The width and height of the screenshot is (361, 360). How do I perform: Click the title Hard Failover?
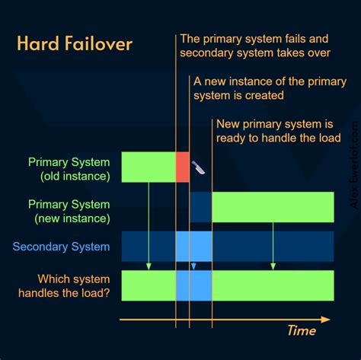(x=75, y=43)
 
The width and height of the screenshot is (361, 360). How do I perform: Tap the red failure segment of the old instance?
(x=183, y=167)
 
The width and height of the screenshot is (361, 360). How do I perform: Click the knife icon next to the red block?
(x=198, y=166)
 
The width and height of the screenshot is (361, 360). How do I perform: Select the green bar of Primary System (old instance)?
(x=149, y=167)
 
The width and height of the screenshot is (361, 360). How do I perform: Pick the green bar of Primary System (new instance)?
(x=273, y=207)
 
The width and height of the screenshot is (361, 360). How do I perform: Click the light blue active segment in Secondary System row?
(x=193, y=247)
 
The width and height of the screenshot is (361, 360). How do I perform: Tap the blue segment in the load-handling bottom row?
(x=193, y=285)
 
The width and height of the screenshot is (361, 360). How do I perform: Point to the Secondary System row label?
(x=62, y=247)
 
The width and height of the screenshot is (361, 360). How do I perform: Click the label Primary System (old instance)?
(x=69, y=169)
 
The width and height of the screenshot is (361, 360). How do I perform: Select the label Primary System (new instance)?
(x=69, y=212)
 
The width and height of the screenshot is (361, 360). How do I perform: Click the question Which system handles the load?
(x=69, y=286)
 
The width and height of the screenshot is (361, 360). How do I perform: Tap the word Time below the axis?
(x=302, y=330)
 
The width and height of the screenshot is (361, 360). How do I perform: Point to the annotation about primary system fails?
(x=254, y=46)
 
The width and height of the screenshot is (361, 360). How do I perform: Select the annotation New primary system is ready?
(x=275, y=131)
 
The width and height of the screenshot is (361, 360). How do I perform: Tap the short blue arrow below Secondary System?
(x=193, y=266)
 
